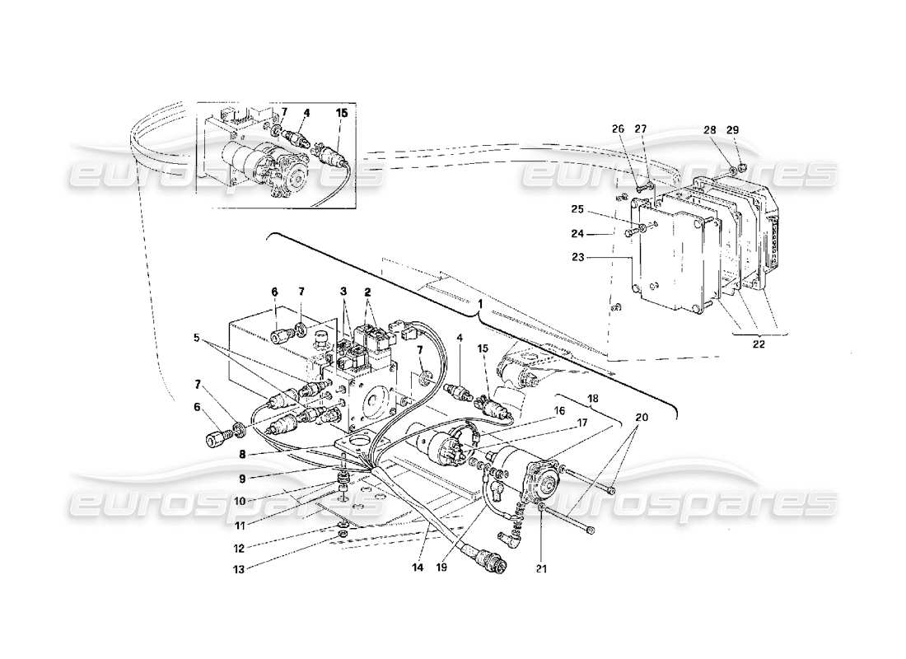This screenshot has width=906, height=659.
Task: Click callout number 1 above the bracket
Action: pos(479,304)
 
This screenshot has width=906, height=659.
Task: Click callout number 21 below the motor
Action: pos(541,567)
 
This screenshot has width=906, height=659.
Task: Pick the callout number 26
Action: pos(619,129)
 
